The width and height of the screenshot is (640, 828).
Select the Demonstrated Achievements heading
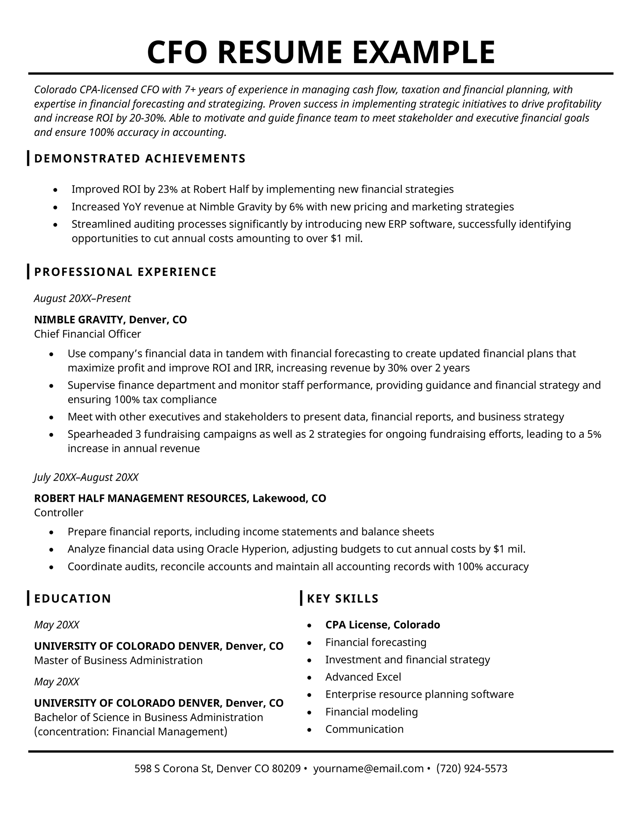coord(140,158)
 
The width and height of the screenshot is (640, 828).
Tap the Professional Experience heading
coord(125,272)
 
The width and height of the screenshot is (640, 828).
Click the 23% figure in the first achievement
coord(168,189)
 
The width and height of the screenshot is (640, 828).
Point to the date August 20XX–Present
coord(82,298)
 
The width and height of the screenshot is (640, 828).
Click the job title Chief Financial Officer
coord(88,334)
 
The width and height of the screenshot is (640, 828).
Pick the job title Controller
coord(59,512)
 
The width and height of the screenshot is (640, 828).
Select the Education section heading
coord(73,599)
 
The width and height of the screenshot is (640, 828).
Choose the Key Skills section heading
coord(342,599)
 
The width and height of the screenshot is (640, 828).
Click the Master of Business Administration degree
coord(118,660)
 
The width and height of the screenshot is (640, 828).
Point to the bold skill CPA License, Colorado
coord(382,624)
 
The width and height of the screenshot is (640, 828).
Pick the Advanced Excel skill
coord(363,677)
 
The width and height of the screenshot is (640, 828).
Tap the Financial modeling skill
coord(371,712)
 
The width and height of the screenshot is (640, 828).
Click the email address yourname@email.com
coord(368,768)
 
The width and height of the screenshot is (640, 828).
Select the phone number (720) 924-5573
coord(472,768)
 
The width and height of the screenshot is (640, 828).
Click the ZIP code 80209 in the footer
coord(286,768)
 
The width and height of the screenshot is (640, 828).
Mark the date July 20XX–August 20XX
coord(86,477)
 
